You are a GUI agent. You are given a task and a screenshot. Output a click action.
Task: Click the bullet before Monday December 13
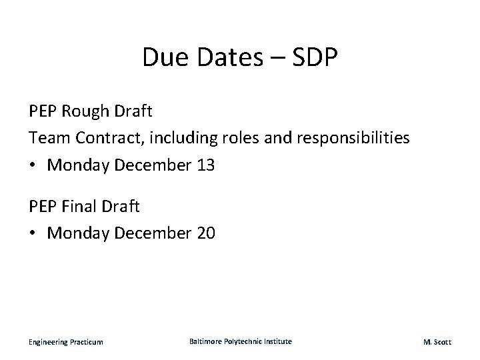pos(33,165)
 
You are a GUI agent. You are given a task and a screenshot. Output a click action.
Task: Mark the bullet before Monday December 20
pos(33,234)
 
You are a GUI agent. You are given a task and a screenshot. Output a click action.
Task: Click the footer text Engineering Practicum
pos(65,342)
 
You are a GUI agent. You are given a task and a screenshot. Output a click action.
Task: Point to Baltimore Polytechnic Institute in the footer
pos(240,341)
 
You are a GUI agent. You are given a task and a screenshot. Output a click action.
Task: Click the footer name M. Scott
pos(437,342)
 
